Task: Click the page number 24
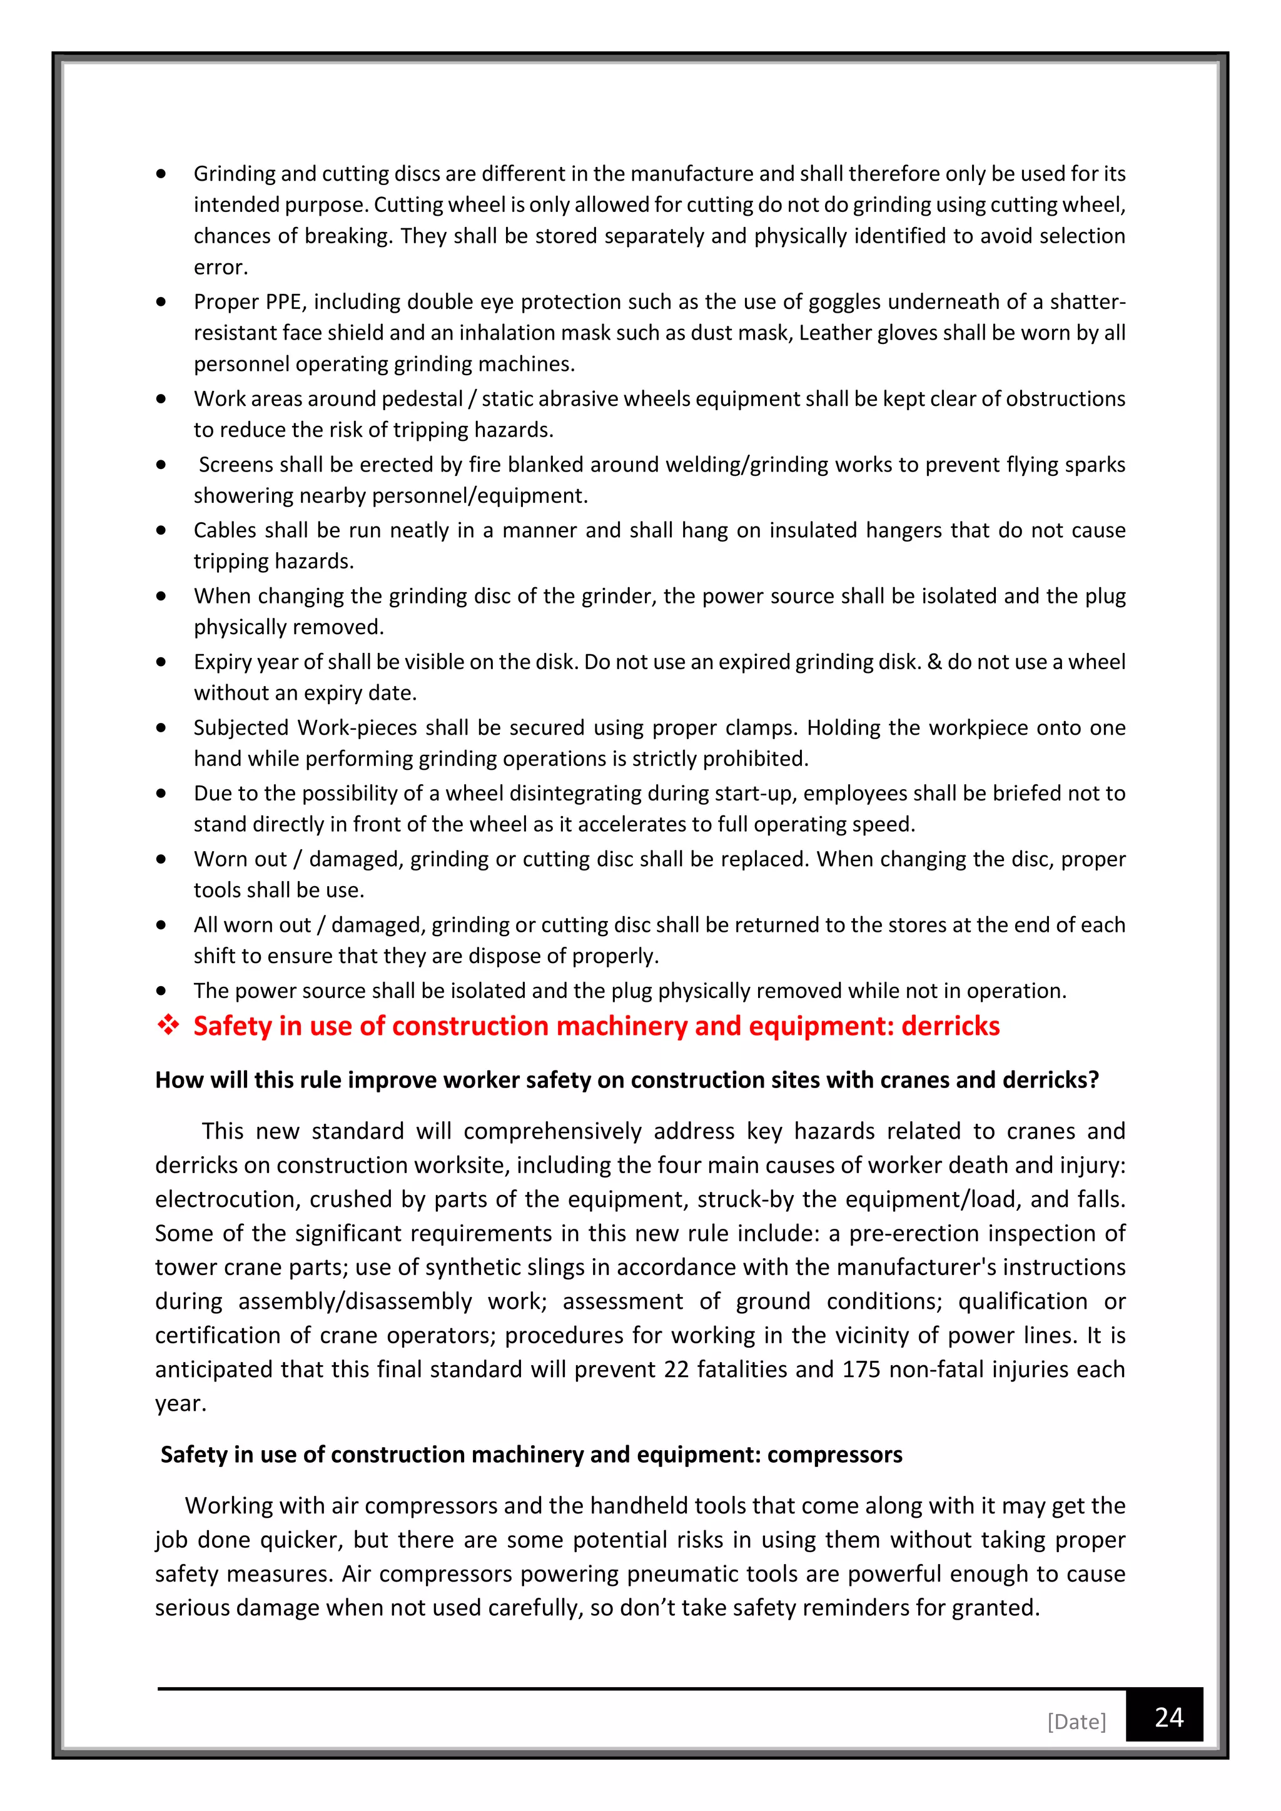click(1168, 1717)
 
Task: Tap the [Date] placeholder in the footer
click(1076, 1721)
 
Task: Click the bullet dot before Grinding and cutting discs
click(161, 173)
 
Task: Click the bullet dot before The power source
click(161, 991)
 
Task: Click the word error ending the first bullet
click(220, 268)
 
